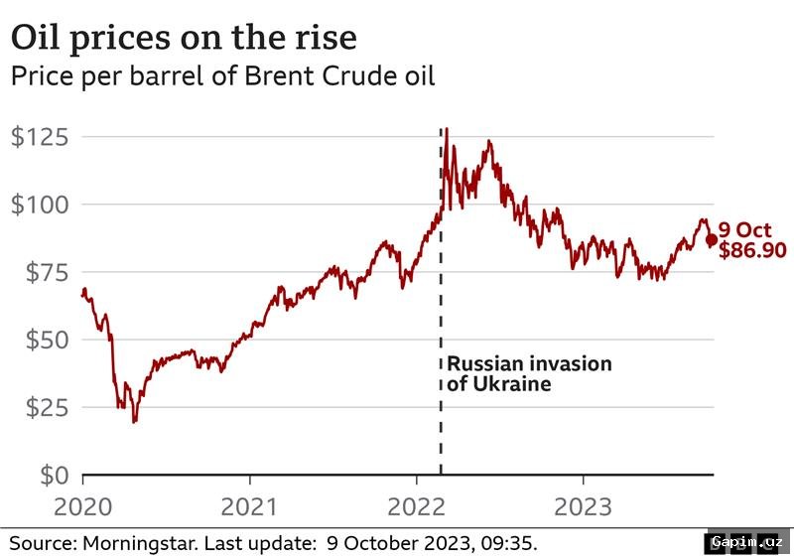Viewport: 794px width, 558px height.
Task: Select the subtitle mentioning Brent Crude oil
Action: coord(223,76)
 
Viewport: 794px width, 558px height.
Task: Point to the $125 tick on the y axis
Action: coord(41,137)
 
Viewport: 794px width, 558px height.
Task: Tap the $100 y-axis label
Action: coord(41,205)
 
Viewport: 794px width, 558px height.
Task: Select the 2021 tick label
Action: coord(249,507)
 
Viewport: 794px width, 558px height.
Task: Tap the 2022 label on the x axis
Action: coord(417,507)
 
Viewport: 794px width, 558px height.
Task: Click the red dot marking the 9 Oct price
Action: coord(711,239)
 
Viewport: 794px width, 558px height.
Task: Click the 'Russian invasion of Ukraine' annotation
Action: coord(528,373)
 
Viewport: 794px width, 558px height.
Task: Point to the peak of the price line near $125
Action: coord(447,129)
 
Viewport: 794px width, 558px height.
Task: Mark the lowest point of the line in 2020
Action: coord(134,421)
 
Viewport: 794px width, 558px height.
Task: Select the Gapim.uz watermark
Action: coord(747,543)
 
